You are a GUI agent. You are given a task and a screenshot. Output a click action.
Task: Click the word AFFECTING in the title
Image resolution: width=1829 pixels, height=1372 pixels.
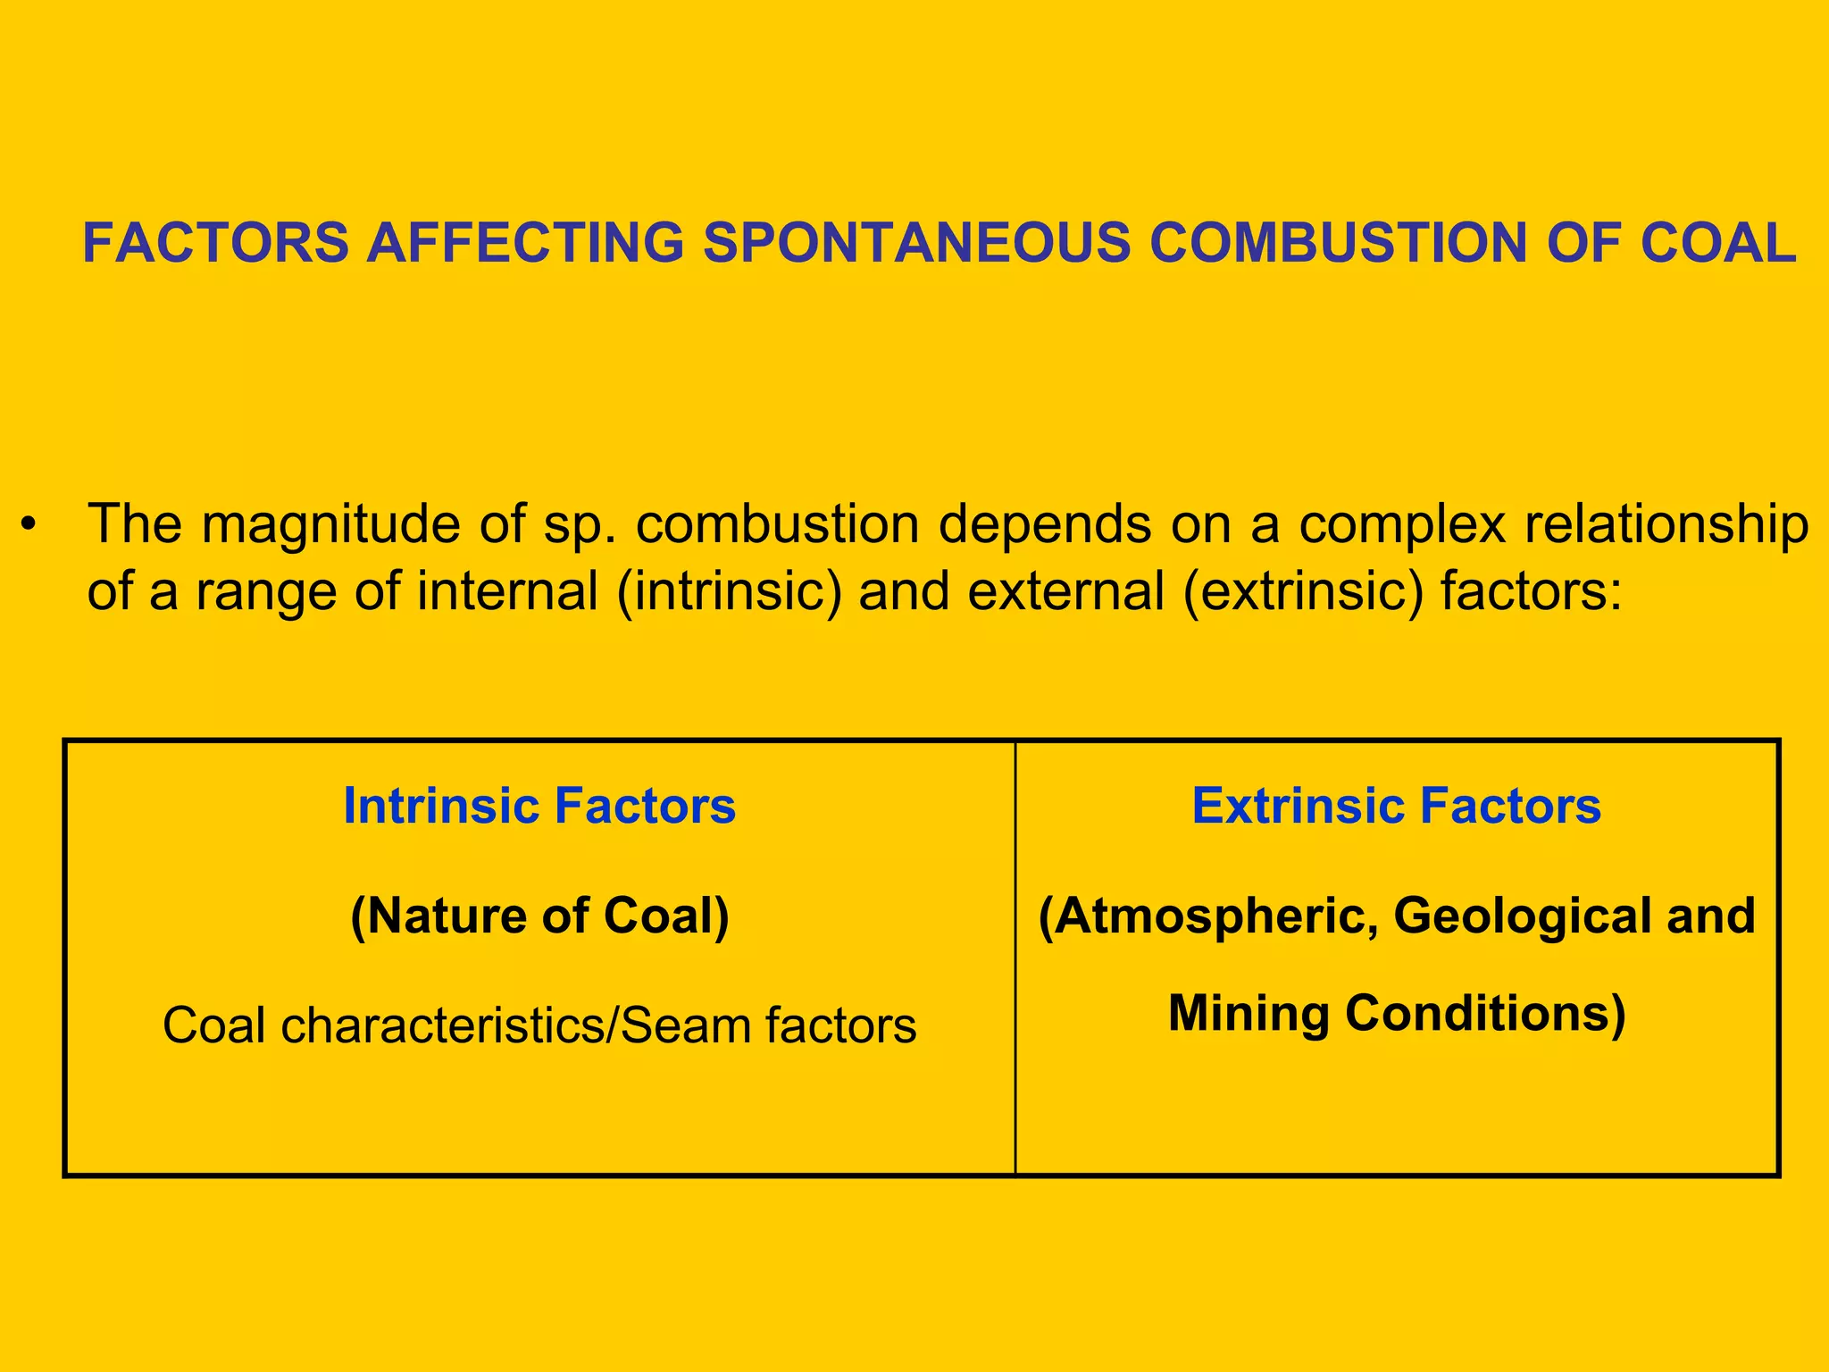525,243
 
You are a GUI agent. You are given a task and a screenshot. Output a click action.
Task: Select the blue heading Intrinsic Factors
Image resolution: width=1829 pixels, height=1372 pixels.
539,806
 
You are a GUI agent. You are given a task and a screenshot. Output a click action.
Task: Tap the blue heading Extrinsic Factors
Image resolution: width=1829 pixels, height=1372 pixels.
1396,806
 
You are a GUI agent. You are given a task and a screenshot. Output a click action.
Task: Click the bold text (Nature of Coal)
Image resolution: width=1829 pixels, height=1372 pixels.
539,916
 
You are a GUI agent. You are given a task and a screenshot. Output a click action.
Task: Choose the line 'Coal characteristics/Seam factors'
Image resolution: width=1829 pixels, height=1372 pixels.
539,1025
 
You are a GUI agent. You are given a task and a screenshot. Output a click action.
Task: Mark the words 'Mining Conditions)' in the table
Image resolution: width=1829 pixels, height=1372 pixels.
1397,1014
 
